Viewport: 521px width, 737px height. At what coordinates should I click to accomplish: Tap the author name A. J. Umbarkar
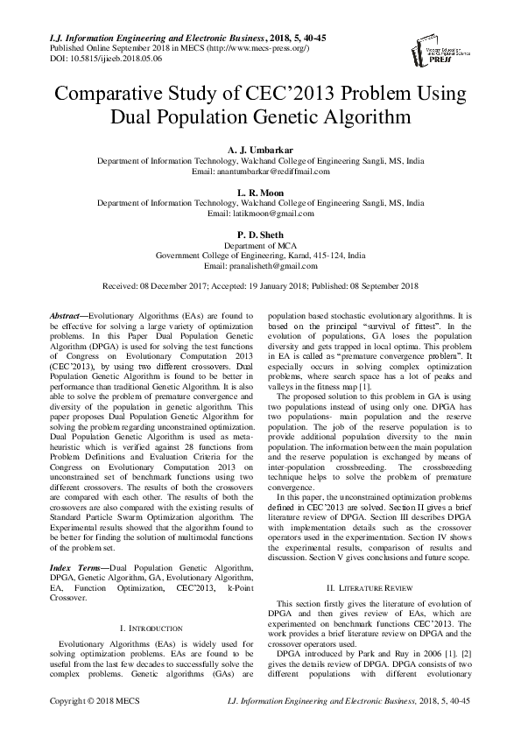(260, 150)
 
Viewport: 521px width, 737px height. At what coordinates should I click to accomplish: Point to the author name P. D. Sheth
(260, 234)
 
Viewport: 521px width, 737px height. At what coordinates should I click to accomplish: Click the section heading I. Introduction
(149, 604)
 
